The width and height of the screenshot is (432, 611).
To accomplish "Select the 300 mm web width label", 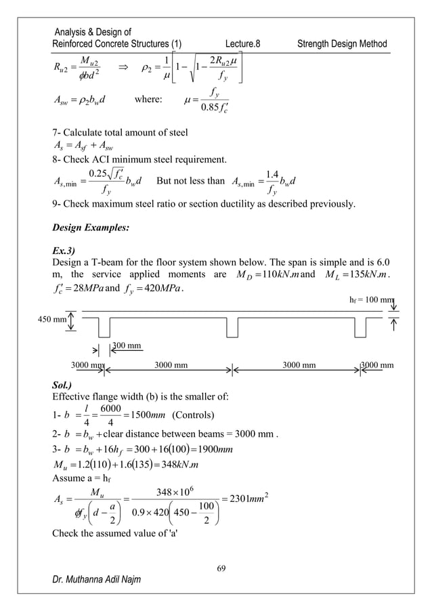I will tap(127, 345).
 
